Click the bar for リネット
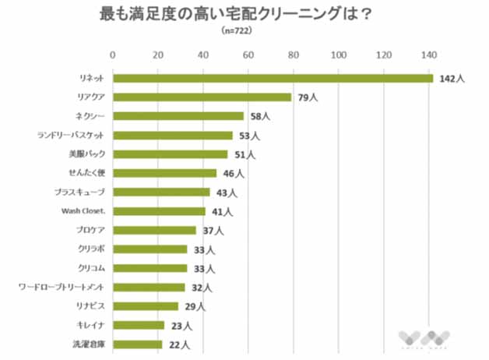tap(273, 78)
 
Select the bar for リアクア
tap(202, 97)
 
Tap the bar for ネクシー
tap(178, 116)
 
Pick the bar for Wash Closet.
tap(159, 211)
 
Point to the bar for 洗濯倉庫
tap(138, 344)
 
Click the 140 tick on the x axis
tap(428, 55)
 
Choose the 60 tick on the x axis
tap(248, 55)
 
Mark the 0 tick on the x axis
tap(114, 55)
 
